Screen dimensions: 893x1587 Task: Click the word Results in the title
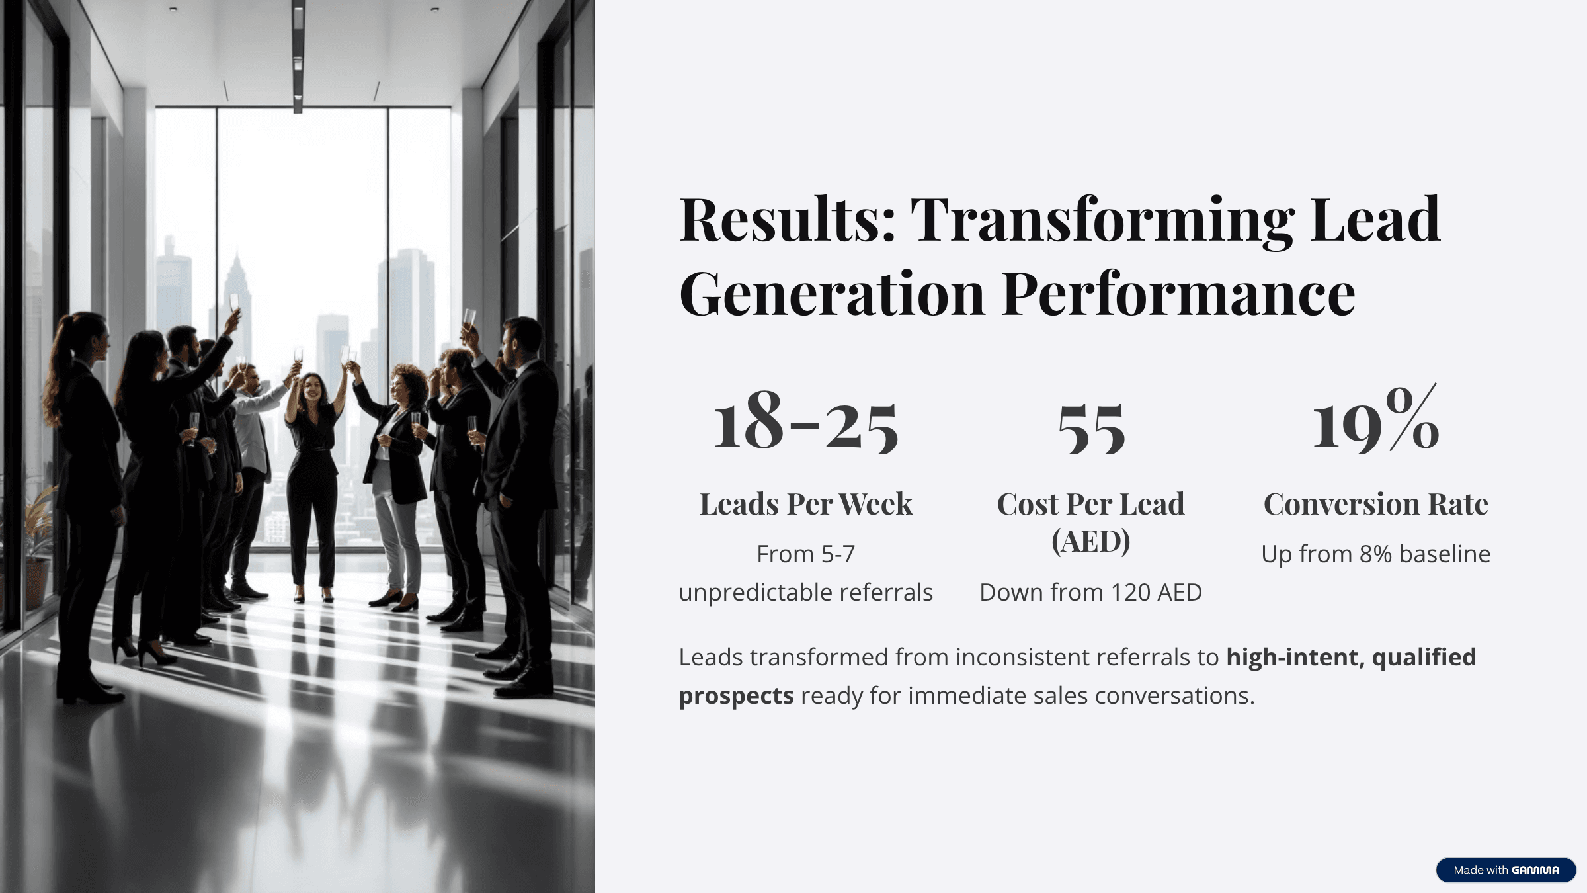(x=787, y=220)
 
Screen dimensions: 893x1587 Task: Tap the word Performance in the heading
(x=1178, y=294)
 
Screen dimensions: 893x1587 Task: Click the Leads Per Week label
(x=805, y=504)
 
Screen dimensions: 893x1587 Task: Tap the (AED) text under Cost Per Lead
(x=1091, y=541)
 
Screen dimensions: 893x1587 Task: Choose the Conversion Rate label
(x=1375, y=504)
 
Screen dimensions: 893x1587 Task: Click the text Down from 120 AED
(x=1091, y=593)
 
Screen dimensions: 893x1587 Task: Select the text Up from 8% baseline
(x=1375, y=554)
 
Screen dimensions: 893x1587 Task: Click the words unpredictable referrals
(x=805, y=593)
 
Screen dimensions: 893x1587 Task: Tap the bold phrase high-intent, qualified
(x=1350, y=658)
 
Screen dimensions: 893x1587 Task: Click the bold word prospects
(x=736, y=696)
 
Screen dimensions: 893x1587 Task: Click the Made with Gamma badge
(x=1506, y=870)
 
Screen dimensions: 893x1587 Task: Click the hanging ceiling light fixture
(x=298, y=56)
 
